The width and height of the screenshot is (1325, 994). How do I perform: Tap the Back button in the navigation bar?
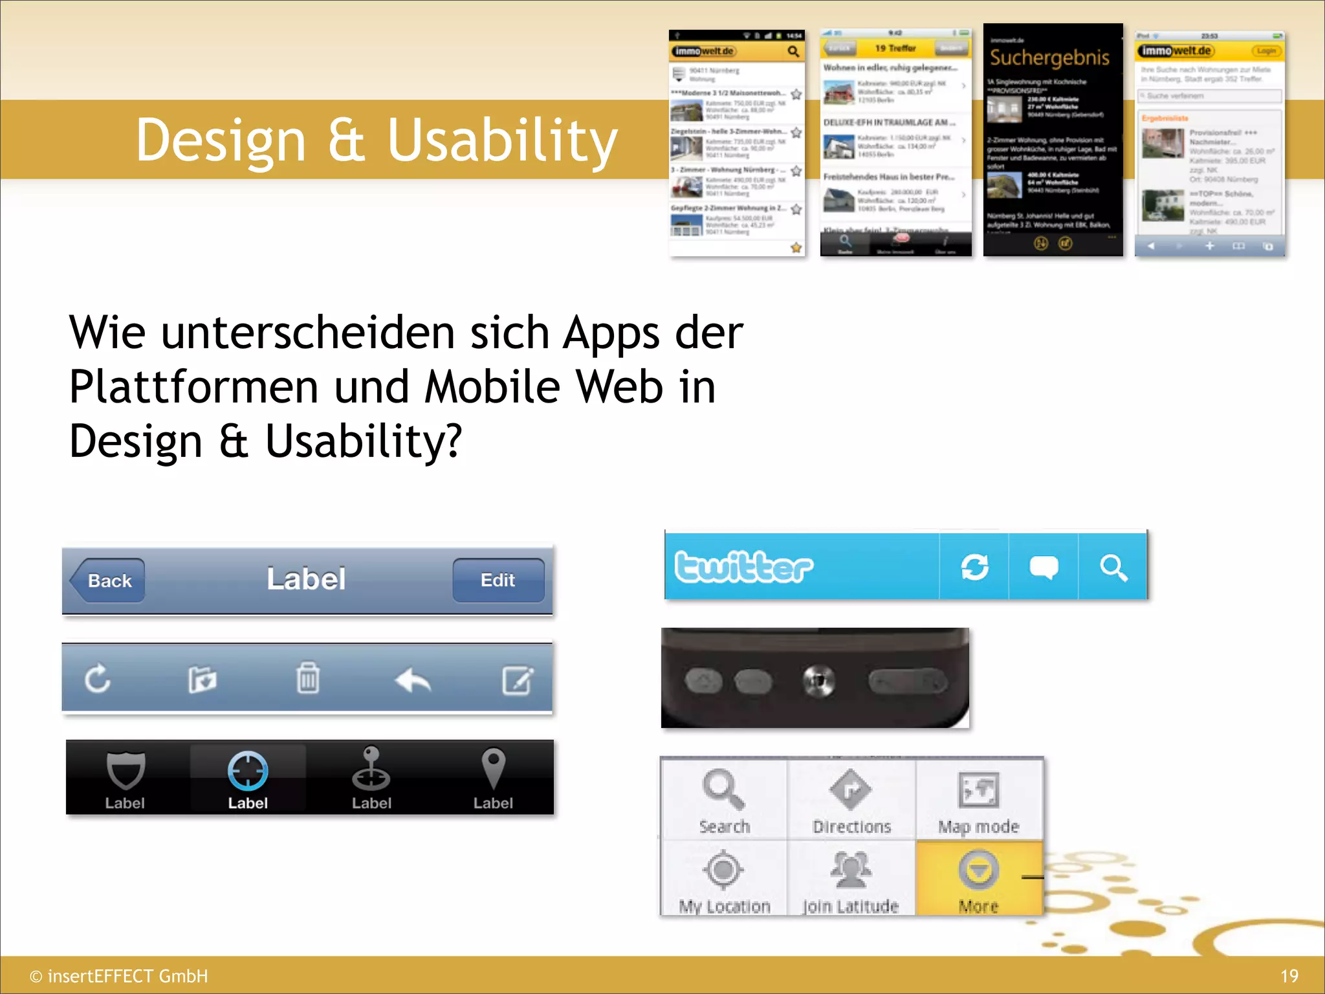[x=109, y=580]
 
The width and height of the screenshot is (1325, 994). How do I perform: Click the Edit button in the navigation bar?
[x=498, y=580]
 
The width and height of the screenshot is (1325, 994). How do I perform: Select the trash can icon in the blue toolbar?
[x=308, y=678]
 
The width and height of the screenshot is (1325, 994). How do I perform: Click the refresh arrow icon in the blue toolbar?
[x=98, y=678]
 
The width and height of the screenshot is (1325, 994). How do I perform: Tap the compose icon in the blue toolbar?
[x=518, y=679]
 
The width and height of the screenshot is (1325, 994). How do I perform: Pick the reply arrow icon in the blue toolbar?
[x=413, y=679]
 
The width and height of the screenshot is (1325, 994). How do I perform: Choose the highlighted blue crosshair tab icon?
[x=248, y=771]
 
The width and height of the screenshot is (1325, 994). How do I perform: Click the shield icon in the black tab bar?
[x=125, y=770]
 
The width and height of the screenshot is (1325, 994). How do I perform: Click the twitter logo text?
[x=744, y=567]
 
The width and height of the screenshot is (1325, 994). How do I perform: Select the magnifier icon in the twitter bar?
[x=1113, y=568]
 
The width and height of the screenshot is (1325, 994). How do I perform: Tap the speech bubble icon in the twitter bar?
[x=1044, y=568]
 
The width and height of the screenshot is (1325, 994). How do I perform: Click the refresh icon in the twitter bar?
[x=974, y=568]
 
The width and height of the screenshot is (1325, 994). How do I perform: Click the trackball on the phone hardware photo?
[x=819, y=681]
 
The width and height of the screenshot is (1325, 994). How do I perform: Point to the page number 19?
[x=1289, y=976]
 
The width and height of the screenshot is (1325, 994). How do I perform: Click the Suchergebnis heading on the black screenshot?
[x=1049, y=58]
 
